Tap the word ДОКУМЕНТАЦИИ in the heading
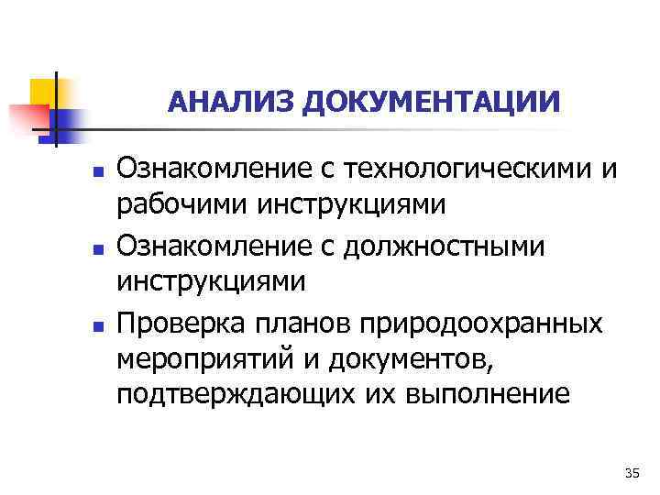click(431, 101)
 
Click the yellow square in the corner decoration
click(43, 91)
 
